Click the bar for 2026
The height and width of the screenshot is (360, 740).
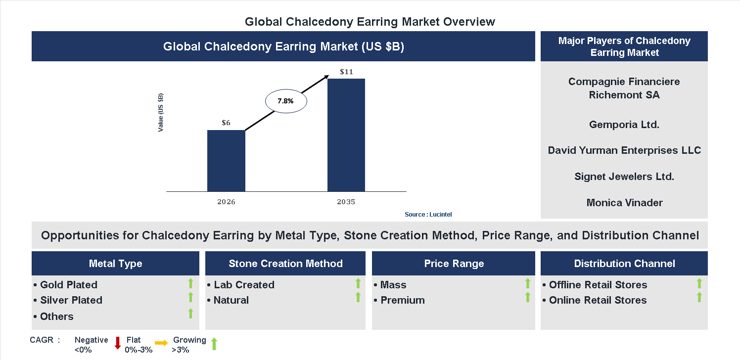(226, 161)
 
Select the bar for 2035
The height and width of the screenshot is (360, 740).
(346, 135)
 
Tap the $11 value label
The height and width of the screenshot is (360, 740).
(346, 72)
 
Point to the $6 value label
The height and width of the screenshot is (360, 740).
(226, 123)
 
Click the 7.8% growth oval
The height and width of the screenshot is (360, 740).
(286, 101)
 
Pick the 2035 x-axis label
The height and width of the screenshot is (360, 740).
(346, 202)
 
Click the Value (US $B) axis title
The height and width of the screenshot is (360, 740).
(160, 112)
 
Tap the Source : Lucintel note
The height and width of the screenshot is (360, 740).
(428, 215)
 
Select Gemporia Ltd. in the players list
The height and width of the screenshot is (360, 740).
(624, 125)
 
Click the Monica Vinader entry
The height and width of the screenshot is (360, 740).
(624, 202)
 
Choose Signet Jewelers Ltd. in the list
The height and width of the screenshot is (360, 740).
(624, 177)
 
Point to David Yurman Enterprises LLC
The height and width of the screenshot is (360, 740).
(624, 150)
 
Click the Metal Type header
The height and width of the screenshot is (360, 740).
(115, 264)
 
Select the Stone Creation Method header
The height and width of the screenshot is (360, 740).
(285, 264)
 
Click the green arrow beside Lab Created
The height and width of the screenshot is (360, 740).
(358, 283)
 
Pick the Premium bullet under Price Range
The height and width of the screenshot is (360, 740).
(402, 300)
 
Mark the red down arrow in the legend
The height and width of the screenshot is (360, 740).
(118, 343)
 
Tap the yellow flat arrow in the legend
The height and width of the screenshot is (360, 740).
(161, 342)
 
